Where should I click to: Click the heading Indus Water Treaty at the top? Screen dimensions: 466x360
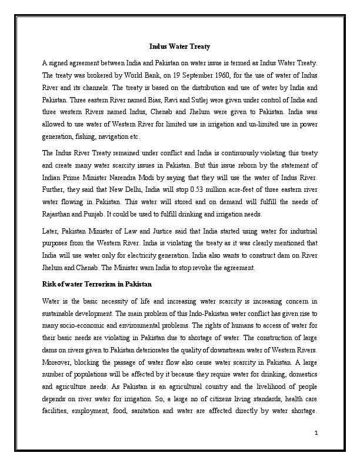180,46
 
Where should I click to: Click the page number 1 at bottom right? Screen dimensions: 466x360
316,434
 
